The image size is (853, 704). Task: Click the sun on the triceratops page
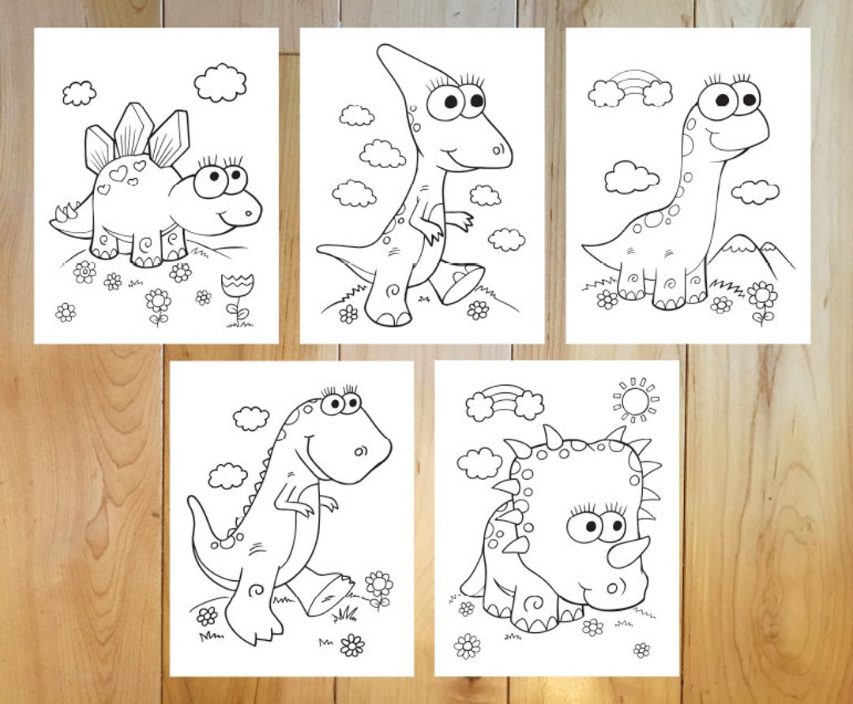tap(634, 401)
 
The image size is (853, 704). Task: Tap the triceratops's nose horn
tap(629, 551)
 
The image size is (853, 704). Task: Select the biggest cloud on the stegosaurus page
tap(220, 83)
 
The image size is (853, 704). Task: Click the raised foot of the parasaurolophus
tap(460, 283)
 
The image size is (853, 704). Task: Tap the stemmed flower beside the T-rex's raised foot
tap(379, 586)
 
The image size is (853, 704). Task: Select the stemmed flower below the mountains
tap(762, 298)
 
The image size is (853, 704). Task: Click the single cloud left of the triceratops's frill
tap(479, 462)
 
